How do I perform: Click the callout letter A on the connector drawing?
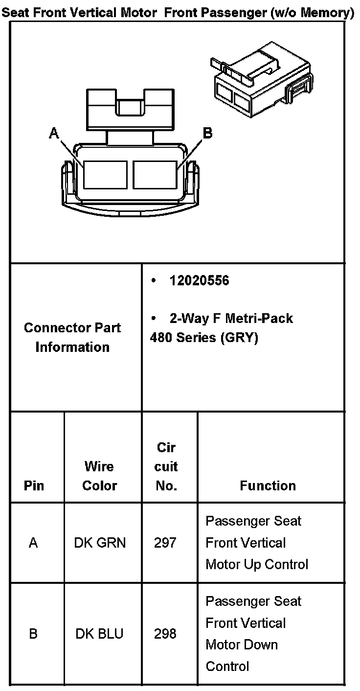coord(54,133)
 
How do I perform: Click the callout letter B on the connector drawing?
coord(207,133)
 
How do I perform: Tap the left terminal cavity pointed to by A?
coord(105,175)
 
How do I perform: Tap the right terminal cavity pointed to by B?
coord(155,175)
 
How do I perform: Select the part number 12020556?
coord(199,281)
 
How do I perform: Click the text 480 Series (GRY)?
coord(204,338)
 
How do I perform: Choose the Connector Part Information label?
coord(72,337)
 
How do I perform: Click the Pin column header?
coord(33,485)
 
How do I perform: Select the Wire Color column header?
coord(99,476)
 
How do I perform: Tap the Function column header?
coord(268,485)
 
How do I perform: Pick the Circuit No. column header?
coord(166,466)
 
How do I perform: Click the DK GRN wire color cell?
coord(100,543)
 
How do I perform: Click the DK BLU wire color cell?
coord(99,634)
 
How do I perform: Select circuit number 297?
coord(165,543)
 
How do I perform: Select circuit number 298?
coord(165,634)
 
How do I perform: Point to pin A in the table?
coord(33,543)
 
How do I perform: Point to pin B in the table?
coord(33,634)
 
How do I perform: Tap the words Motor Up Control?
coord(257,564)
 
